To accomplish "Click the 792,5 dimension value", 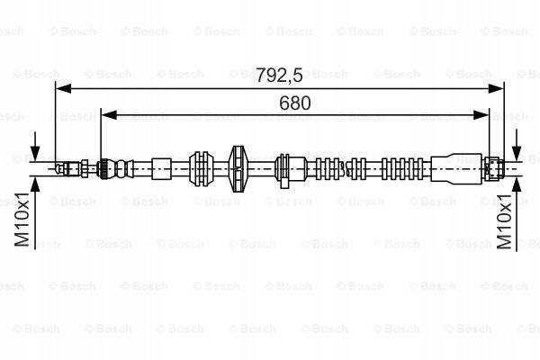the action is tap(279, 75).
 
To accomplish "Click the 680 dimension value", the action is tap(295, 103).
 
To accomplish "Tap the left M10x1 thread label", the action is tap(22, 220).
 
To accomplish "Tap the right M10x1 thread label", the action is tap(505, 221).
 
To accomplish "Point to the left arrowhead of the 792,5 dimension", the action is tap(63, 88).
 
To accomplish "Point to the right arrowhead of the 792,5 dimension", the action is tap(496, 88).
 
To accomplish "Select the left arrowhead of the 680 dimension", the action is tap(109, 115).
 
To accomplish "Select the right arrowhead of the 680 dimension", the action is tap(481, 115).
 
